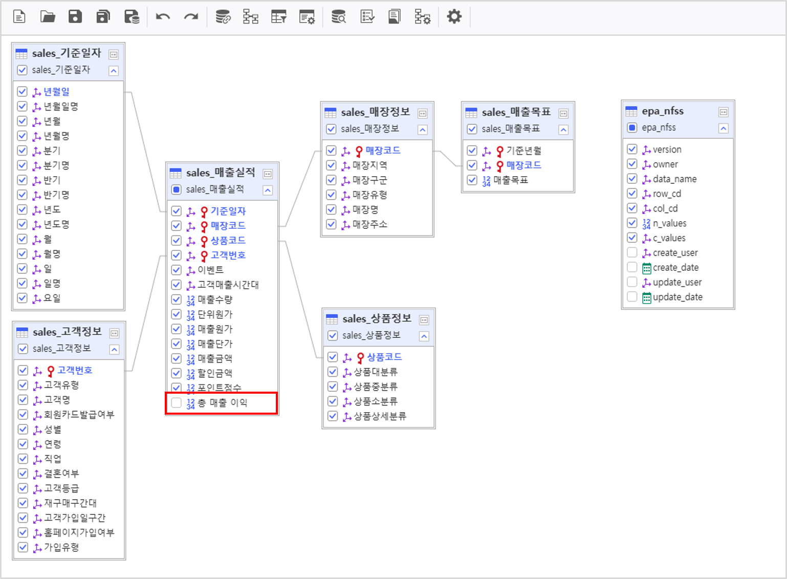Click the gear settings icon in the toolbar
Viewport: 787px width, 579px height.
[454, 16]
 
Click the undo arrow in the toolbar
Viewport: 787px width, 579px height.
[163, 16]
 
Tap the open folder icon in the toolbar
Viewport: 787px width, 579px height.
[48, 16]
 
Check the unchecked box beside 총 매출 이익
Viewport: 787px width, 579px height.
[177, 402]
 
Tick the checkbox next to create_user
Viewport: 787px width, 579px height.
[632, 252]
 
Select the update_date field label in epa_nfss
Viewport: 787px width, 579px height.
[677, 297]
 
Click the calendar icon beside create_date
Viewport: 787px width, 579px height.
[646, 268]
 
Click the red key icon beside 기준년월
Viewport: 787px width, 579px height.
[499, 151]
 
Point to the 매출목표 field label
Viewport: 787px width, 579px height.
[511, 180]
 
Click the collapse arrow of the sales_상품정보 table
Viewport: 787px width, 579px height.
[424, 336]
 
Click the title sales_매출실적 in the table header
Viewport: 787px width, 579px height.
[221, 173]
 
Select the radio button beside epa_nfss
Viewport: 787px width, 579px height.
[632, 127]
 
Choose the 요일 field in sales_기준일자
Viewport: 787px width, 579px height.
[52, 298]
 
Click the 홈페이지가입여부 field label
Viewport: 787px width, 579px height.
[79, 532]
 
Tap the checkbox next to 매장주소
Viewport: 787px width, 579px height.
[331, 224]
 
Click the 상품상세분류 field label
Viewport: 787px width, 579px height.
[380, 416]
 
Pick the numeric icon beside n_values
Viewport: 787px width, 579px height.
[646, 224]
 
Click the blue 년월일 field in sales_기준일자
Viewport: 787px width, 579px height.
[56, 92]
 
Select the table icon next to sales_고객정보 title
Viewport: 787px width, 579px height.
[22, 332]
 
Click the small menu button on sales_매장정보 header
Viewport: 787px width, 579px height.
[422, 114]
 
